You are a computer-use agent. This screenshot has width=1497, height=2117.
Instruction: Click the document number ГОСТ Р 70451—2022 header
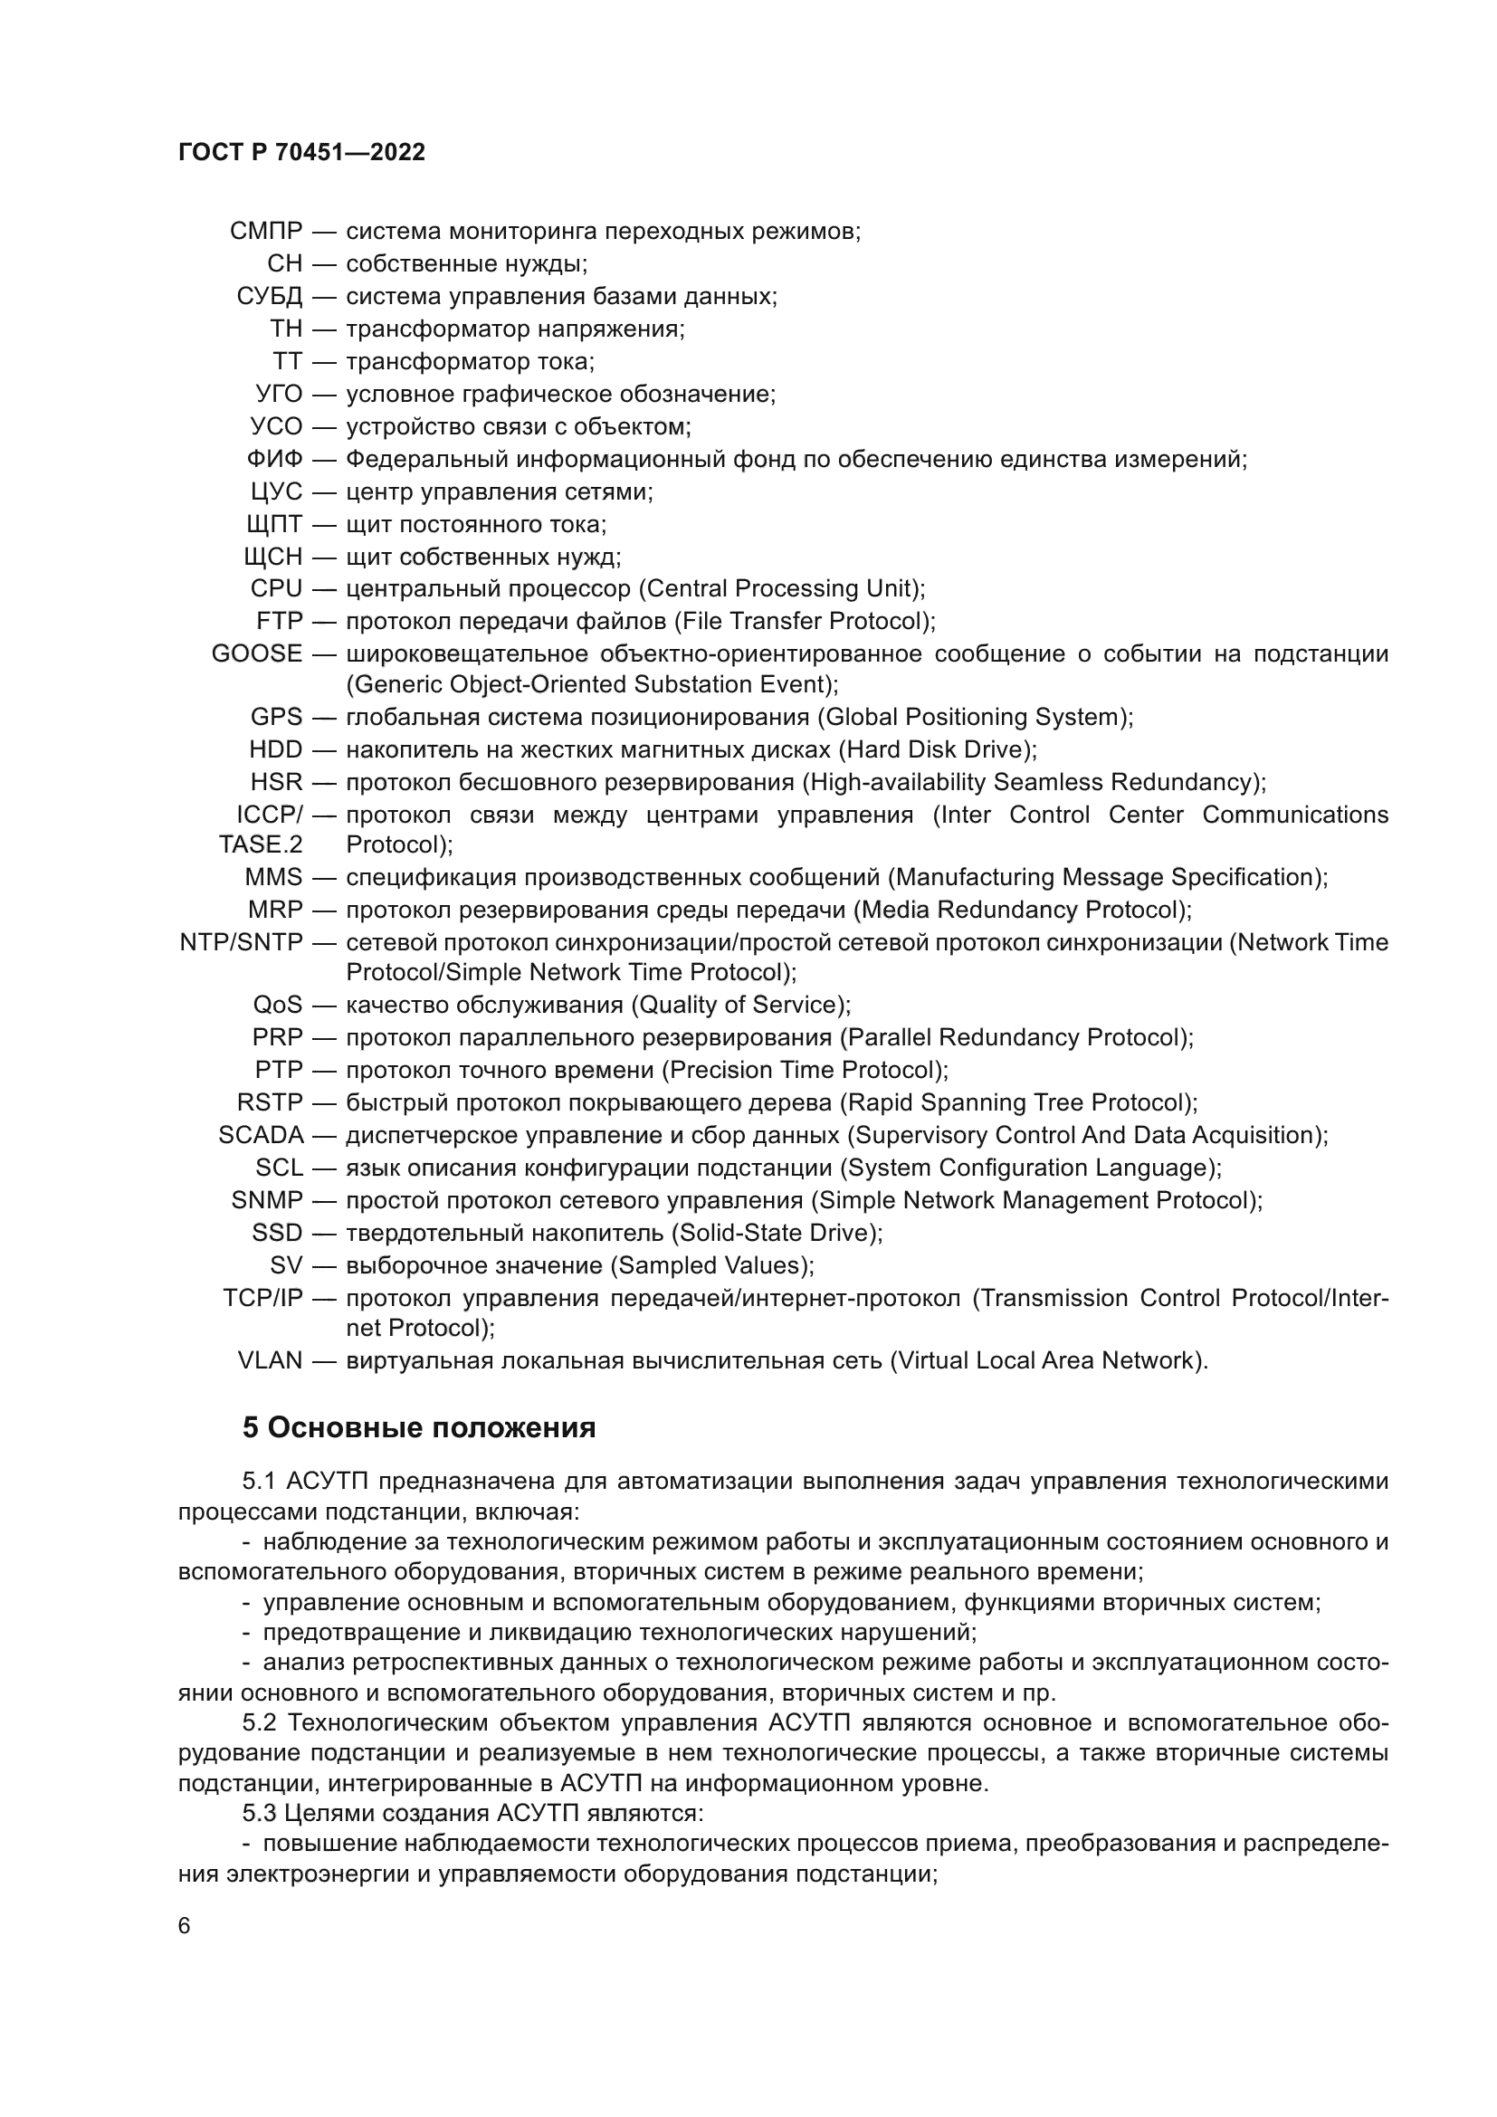[301, 153]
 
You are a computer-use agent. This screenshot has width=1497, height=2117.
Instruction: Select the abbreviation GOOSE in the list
[256, 653]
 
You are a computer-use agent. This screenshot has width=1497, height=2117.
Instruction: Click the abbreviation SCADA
[261, 1135]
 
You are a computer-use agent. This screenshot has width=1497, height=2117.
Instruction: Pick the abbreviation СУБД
[269, 297]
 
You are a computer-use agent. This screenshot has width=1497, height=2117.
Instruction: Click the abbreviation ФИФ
[275, 459]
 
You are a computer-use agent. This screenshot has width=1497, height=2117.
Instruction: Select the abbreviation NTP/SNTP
[241, 942]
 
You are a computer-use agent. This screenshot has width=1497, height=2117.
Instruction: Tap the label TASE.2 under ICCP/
[260, 844]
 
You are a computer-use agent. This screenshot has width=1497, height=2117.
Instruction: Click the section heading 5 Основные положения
[418, 1428]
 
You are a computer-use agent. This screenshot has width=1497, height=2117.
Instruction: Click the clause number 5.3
[260, 1814]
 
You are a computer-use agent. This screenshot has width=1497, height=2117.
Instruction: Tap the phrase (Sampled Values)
[714, 1265]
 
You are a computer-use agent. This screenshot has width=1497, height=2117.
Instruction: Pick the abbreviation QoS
[278, 1004]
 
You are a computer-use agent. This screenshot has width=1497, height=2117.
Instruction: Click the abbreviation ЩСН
[272, 557]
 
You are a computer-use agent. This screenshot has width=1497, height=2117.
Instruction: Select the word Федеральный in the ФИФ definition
[427, 459]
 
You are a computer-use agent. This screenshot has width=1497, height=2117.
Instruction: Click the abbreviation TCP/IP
[262, 1298]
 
